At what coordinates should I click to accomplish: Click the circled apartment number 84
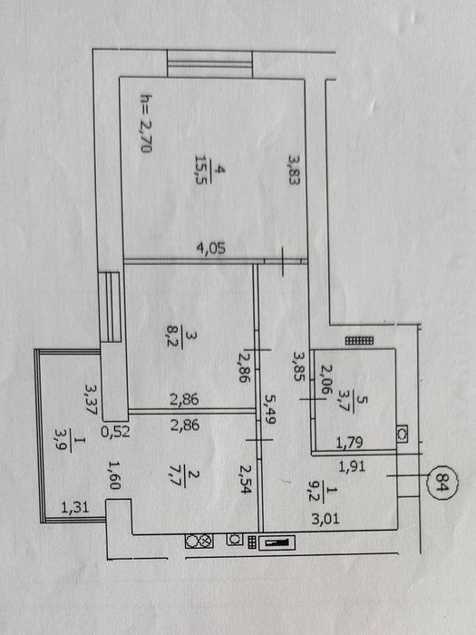tap(442, 483)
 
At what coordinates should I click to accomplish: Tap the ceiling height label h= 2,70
tap(146, 123)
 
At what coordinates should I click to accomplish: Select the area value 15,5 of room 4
tap(201, 170)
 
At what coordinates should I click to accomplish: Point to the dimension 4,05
tap(210, 248)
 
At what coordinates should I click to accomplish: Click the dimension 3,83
tap(295, 171)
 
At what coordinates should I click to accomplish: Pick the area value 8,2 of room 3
tap(173, 336)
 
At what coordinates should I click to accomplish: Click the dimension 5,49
tap(269, 409)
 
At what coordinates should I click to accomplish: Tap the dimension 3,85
tap(299, 366)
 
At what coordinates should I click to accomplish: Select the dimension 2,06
tap(326, 379)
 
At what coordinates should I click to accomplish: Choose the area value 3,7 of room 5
tap(345, 401)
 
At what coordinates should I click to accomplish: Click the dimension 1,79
tap(349, 443)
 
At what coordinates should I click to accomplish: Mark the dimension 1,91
tap(352, 467)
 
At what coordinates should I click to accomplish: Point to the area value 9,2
tap(315, 491)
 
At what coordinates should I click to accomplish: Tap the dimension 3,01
tap(325, 518)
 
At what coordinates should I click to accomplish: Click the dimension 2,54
tap(246, 480)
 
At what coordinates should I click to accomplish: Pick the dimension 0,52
tap(115, 432)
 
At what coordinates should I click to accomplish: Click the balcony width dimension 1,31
tap(75, 507)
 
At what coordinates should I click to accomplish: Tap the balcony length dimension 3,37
tap(91, 398)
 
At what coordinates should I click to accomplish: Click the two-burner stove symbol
tap(199, 541)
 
